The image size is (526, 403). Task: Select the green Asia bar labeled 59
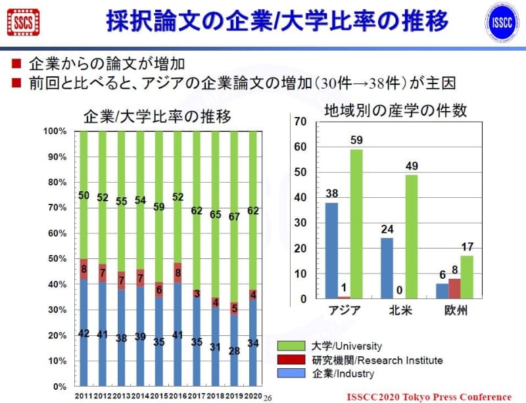point(356,224)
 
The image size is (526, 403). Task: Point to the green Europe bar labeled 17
point(467,277)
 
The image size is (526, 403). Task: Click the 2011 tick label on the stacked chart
point(83,396)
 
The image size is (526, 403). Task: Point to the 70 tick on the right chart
point(301,122)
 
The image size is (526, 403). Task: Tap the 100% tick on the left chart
point(55,131)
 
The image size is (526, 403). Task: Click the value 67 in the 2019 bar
point(235,216)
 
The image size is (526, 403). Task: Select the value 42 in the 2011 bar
point(84,333)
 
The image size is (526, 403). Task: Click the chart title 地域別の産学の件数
point(395,110)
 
